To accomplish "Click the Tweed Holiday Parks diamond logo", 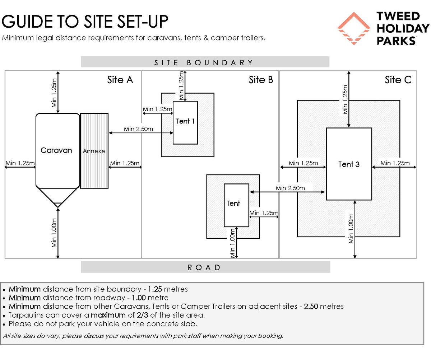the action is coord(353,28).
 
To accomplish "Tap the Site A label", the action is coord(120,80).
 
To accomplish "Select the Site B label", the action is coord(261,80).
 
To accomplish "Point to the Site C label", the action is coord(398,80).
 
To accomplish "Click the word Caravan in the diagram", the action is coord(56,150).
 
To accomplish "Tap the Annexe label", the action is coord(94,151).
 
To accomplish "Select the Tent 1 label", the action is coord(185,121).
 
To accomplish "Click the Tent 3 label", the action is coord(349,164).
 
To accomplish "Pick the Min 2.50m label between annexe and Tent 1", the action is coord(138,129).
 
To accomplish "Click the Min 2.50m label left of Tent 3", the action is coord(290,188).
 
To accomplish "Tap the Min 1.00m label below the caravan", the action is coord(54,233).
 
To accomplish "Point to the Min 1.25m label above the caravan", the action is coord(54,93).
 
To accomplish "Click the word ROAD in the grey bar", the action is coord(204,267).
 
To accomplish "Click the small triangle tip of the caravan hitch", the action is coord(58,205).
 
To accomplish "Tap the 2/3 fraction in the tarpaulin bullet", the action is coord(143,315).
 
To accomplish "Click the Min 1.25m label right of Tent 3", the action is coord(395,163).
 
